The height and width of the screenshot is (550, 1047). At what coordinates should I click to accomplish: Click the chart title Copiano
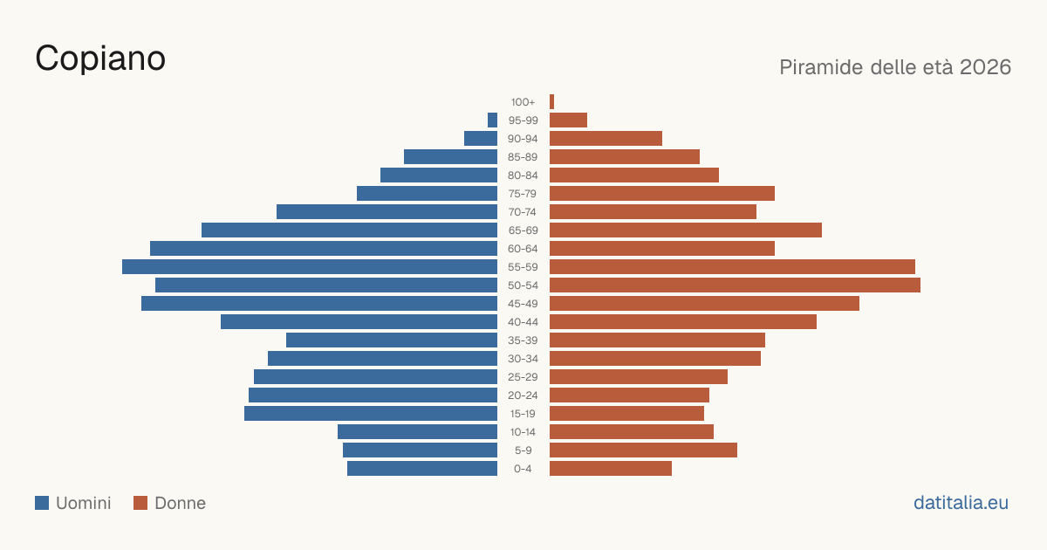[x=100, y=58]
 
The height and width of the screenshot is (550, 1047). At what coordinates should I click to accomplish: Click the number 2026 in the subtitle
[x=985, y=67]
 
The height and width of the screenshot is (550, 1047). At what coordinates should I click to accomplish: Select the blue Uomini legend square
[x=42, y=503]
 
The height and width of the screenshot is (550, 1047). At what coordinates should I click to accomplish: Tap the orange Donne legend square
[x=140, y=503]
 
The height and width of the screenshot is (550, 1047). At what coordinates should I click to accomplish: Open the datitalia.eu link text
[x=961, y=503]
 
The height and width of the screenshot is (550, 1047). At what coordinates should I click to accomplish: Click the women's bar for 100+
[x=551, y=101]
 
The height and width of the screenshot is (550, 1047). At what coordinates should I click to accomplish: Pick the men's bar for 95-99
[x=492, y=120]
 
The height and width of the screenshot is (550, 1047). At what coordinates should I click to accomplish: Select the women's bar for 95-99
[x=568, y=120]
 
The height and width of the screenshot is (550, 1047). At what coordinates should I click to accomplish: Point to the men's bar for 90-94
[x=481, y=139]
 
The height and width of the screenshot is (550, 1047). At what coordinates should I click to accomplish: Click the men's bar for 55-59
[x=310, y=266]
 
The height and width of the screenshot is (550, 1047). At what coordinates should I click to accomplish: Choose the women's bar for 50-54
[x=735, y=285]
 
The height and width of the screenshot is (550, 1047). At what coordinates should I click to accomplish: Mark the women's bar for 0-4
[x=611, y=468]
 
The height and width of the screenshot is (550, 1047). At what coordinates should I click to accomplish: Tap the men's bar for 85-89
[x=450, y=156]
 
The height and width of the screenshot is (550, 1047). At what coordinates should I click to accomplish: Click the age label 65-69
[x=523, y=230]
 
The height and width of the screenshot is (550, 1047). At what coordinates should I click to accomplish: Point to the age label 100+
[x=523, y=102]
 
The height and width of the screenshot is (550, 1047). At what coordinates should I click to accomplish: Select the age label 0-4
[x=523, y=469]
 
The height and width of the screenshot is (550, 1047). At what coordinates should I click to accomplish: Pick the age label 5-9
[x=523, y=450]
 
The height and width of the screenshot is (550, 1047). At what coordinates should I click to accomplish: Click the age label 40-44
[x=523, y=322]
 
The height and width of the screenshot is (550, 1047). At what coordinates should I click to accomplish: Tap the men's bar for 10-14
[x=417, y=431]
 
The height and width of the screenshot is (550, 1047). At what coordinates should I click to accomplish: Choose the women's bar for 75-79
[x=662, y=193]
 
